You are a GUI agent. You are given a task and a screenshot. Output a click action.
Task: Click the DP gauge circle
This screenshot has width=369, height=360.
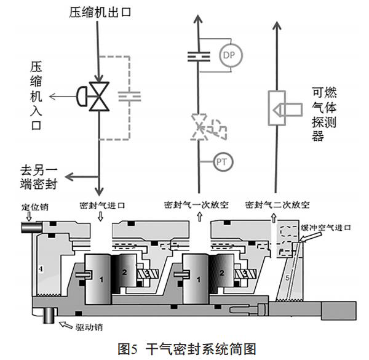pyautogui.click(x=229, y=55)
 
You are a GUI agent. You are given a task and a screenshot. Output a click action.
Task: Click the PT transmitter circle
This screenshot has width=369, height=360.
pyautogui.click(x=222, y=162)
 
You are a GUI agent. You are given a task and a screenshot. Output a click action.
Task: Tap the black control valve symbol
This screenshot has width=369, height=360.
pyautogui.click(x=99, y=97)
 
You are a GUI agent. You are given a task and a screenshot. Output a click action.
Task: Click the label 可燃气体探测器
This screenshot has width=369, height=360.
pyautogui.click(x=317, y=114)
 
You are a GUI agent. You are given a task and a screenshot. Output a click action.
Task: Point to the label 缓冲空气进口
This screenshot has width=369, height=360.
pyautogui.click(x=325, y=228)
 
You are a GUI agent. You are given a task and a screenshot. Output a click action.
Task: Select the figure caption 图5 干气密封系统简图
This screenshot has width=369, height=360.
pyautogui.click(x=184, y=348)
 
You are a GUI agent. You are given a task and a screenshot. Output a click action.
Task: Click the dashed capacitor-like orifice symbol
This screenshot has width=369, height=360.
pyautogui.click(x=129, y=96)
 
